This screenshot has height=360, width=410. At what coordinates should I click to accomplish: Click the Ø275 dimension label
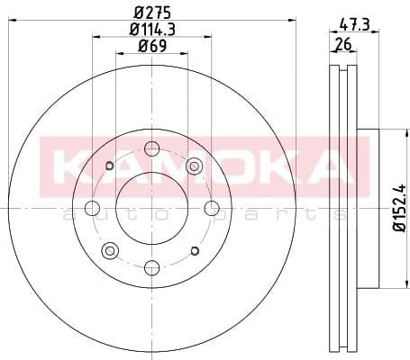pos(151,13)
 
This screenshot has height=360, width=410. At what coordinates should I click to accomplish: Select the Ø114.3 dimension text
pos(151,31)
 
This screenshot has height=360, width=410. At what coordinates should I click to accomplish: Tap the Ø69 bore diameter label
pos(151,47)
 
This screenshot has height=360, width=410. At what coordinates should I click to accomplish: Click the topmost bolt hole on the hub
pos(151,149)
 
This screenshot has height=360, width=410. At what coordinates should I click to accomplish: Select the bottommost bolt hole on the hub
pos(151,266)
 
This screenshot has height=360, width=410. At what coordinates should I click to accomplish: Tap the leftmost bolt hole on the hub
pos(93,208)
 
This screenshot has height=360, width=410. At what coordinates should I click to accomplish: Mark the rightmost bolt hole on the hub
pos(211,208)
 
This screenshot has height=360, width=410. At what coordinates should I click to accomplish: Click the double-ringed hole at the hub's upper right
pos(193,166)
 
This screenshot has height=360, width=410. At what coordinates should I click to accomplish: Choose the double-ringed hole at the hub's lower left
pos(110,249)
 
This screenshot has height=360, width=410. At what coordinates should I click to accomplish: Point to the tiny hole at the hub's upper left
pos(109,166)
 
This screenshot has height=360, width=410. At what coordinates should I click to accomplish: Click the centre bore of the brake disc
pos(151,208)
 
